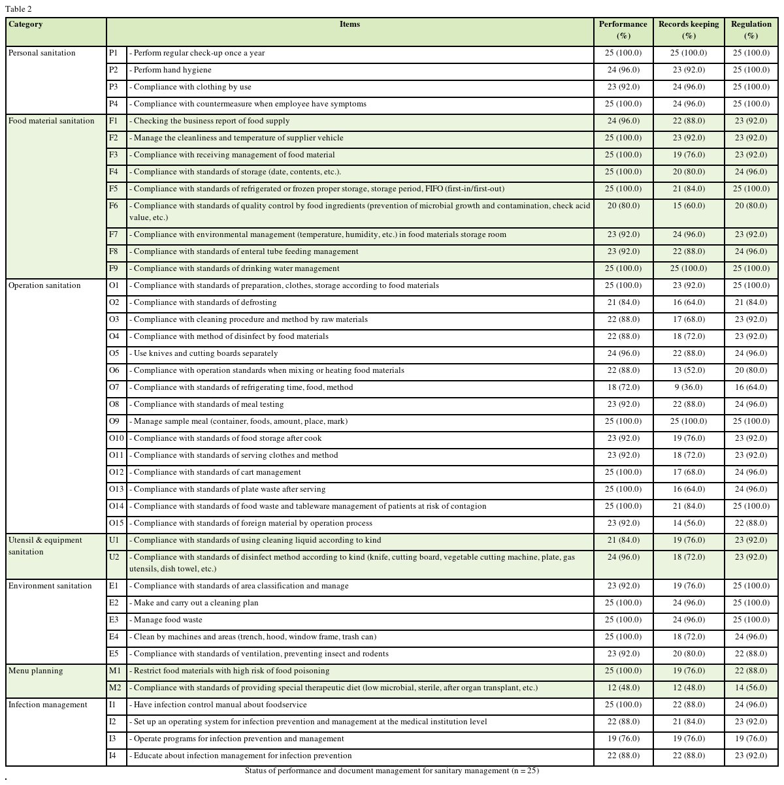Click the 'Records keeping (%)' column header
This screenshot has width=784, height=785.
(689, 30)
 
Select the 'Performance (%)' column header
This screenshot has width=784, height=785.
(623, 30)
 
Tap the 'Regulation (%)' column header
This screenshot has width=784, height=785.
(751, 30)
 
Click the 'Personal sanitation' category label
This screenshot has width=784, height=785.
(42, 53)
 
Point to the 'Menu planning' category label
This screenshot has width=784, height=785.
(36, 671)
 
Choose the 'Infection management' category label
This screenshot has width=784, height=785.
(48, 705)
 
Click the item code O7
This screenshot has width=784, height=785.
(114, 387)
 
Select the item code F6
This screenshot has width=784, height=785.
(114, 206)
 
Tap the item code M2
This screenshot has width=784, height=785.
(115, 688)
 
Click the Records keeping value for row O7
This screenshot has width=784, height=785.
(689, 387)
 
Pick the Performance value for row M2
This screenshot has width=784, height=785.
(623, 688)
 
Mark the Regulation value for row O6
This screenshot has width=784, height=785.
(751, 370)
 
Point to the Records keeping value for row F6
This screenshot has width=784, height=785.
(689, 206)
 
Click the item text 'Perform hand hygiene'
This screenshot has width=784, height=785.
(171, 70)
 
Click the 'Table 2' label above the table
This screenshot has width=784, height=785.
(18, 9)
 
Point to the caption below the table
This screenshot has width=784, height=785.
(392, 771)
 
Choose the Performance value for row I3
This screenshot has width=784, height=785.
(623, 739)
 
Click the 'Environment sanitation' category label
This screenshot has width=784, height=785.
(50, 586)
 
